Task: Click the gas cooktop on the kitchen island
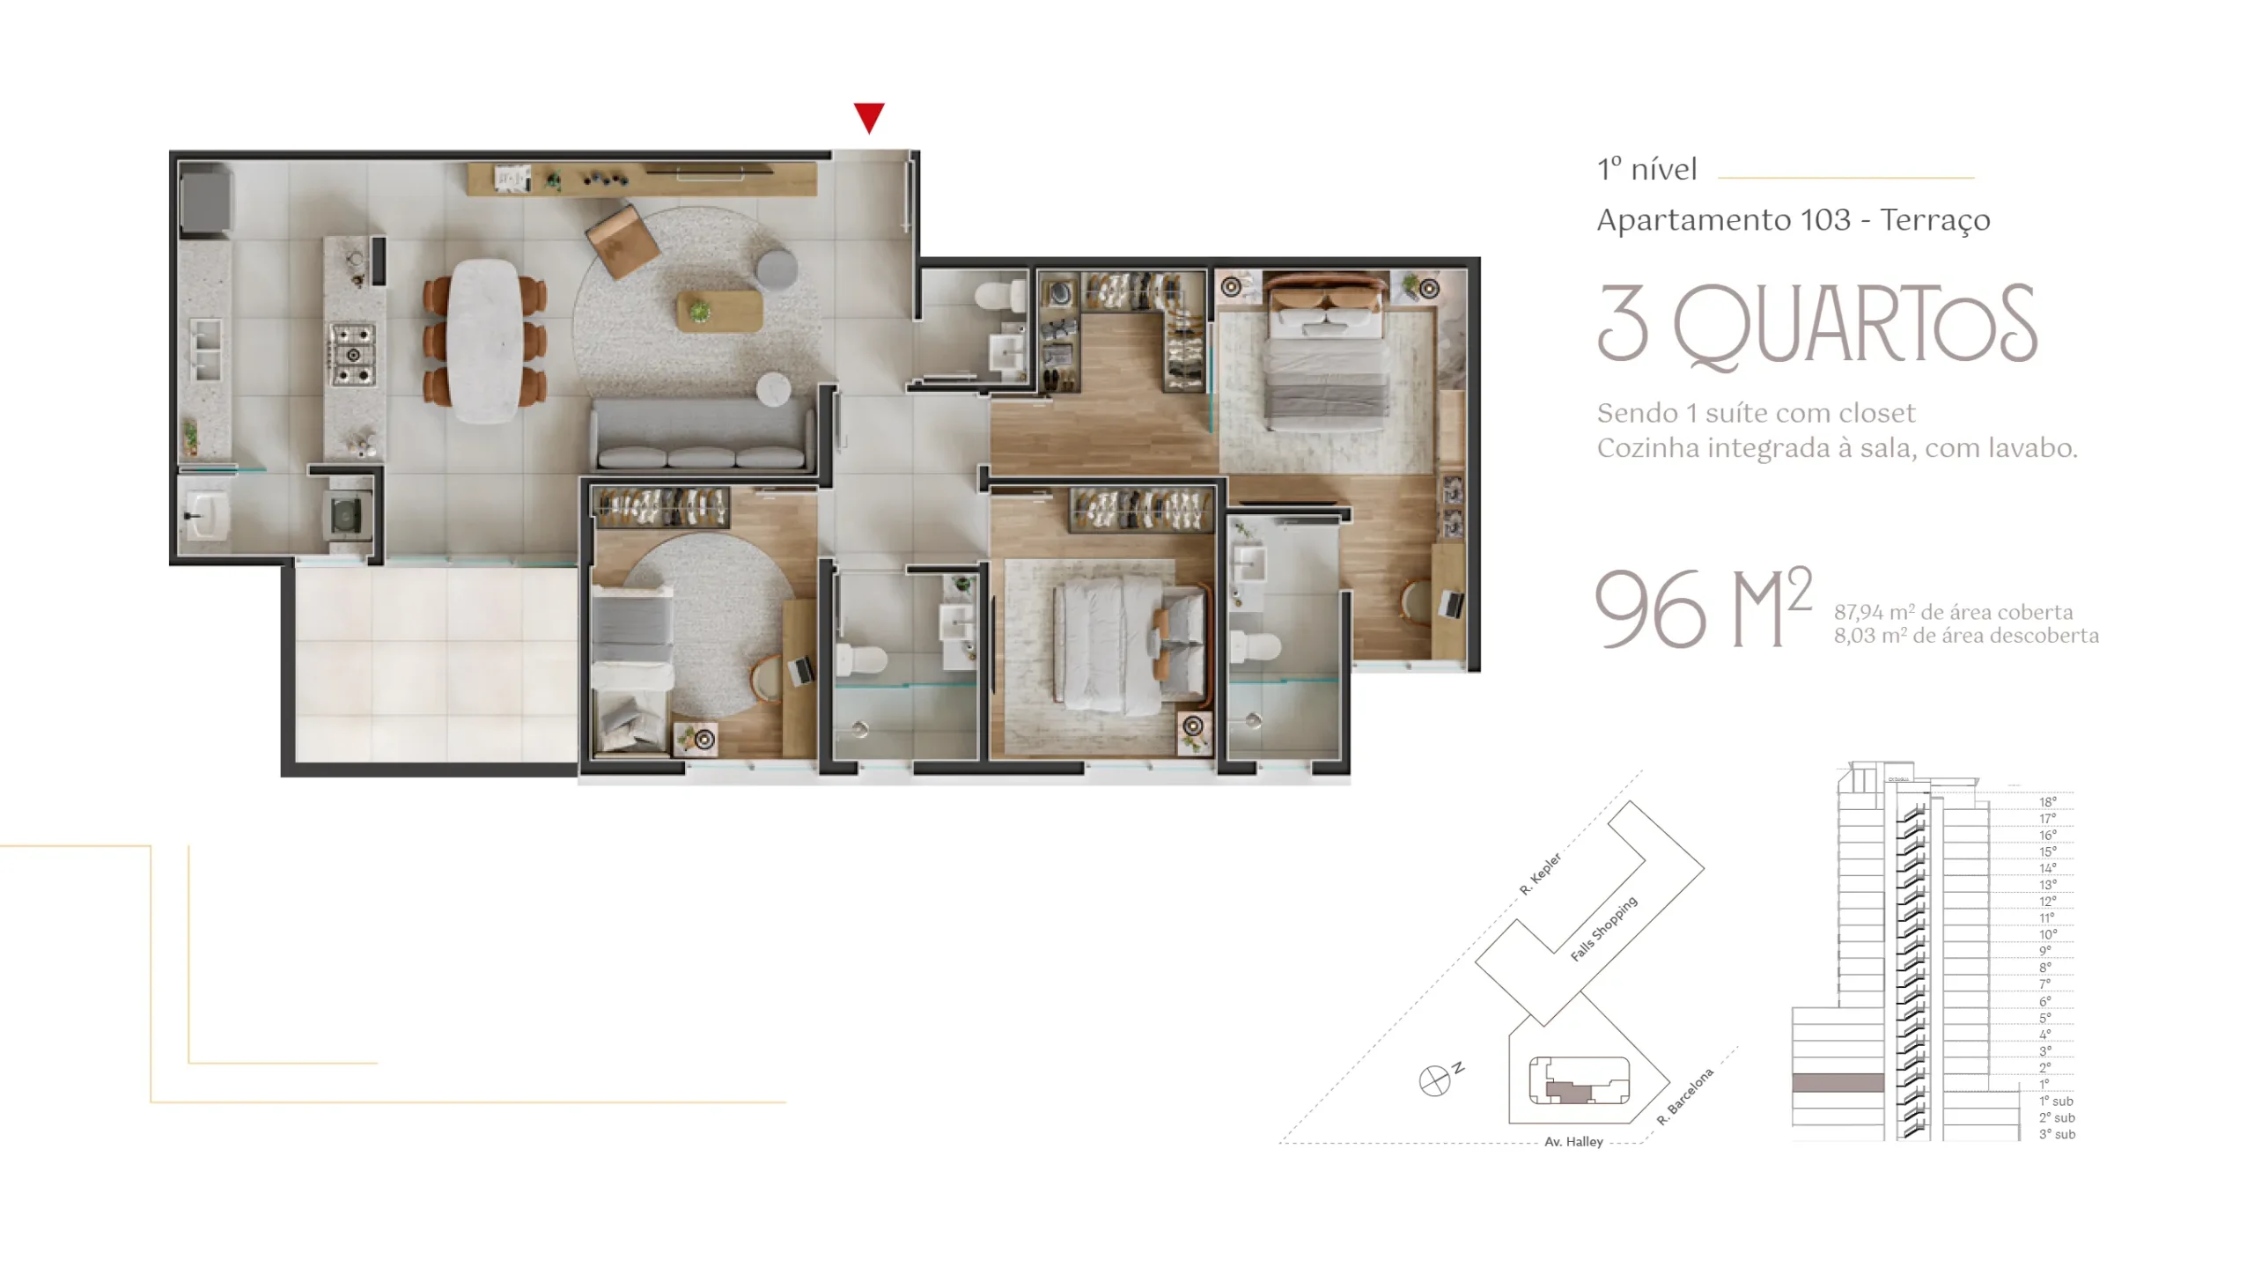tap(353, 355)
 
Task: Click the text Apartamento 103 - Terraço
tap(1794, 220)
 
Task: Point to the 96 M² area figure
tap(1703, 607)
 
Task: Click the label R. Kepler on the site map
tap(1540, 873)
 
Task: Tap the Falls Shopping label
tap(1603, 928)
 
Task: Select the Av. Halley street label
tap(1573, 1141)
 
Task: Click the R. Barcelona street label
tap(1685, 1096)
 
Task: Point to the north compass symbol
tap(1434, 1079)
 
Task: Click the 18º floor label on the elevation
tap(2048, 801)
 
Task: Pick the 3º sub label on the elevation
tap(2057, 1134)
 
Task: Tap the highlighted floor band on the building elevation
tap(1838, 1083)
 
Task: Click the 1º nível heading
tap(1647, 169)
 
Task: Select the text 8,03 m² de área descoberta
tap(1966, 636)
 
